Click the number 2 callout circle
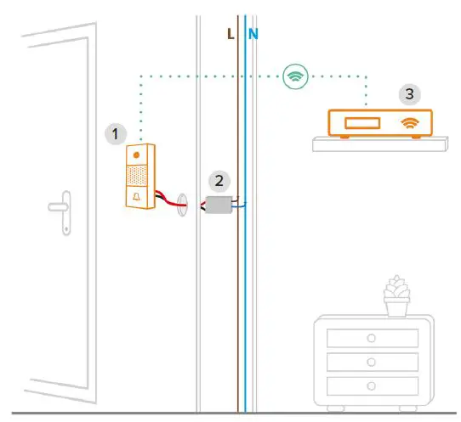click(x=220, y=180)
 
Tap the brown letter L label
click(x=230, y=34)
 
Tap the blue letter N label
click(x=253, y=34)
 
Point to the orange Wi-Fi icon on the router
click(x=412, y=123)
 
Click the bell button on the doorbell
click(x=138, y=197)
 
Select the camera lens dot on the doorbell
click(x=138, y=155)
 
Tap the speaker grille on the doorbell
click(x=138, y=176)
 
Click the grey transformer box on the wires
click(x=220, y=204)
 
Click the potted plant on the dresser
click(x=396, y=296)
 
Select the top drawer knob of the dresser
click(x=371, y=338)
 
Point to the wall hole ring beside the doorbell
click(x=181, y=206)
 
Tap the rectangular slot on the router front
click(x=361, y=124)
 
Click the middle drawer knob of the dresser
click(x=371, y=362)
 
